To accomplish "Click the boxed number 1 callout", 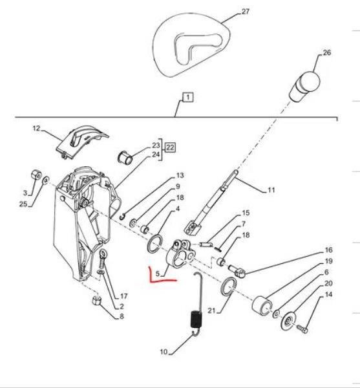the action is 188,97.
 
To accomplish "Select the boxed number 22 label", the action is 170,147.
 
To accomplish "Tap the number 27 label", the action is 245,12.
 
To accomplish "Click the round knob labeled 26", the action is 305,86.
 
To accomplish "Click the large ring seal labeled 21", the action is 228,286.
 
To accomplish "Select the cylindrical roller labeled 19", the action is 262,305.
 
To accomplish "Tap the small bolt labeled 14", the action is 302,329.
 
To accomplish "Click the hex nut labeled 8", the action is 96,301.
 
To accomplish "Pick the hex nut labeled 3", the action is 37,175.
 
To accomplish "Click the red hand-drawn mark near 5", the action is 158,277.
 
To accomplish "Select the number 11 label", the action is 271,190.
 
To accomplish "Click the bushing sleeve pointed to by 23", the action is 125,157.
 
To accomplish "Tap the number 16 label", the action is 328,250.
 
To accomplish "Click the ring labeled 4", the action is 155,244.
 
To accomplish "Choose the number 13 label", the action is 180,175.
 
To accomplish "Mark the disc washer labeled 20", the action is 288,321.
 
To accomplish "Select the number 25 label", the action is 23,204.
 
